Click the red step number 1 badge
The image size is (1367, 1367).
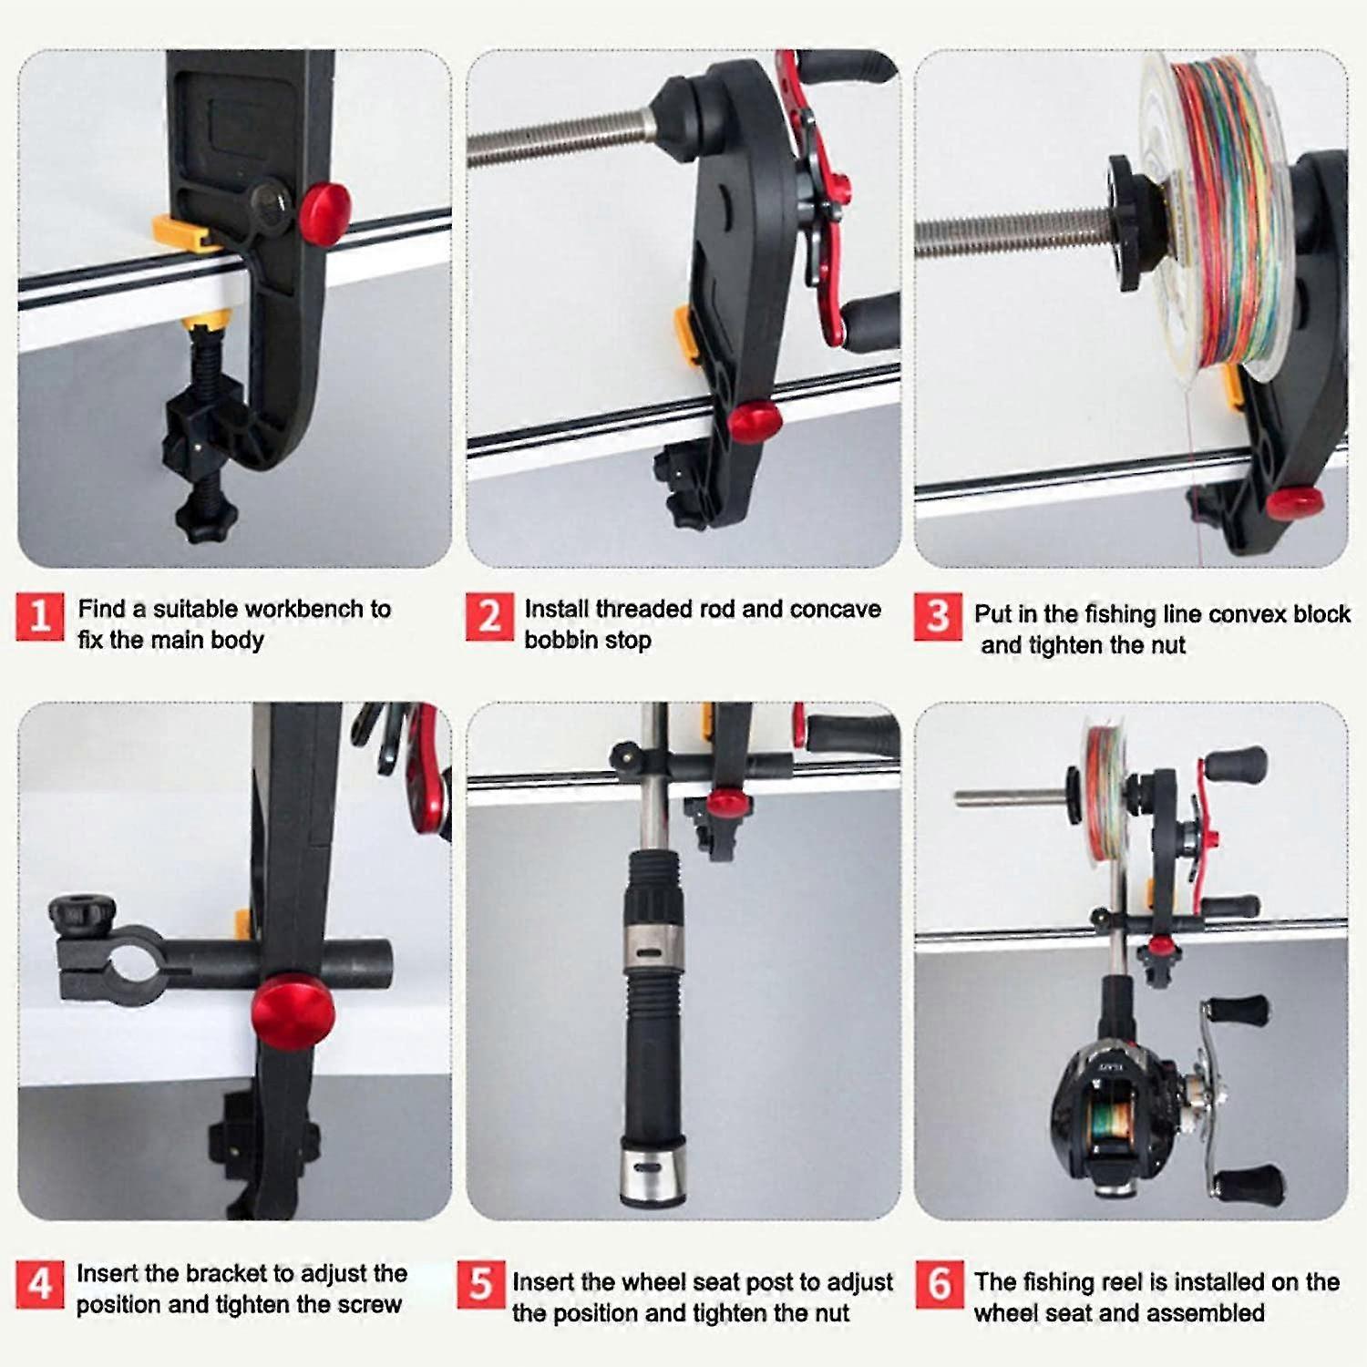coord(40,617)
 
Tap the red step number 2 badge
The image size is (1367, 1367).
coord(489,617)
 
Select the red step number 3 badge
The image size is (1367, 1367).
coord(938,617)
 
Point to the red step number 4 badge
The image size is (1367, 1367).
coord(40,1284)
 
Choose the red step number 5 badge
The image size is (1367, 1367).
coord(480,1284)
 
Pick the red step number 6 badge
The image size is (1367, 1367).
coord(940,1284)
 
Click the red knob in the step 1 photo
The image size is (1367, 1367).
coord(326,213)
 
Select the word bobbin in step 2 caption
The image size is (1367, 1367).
coord(558,640)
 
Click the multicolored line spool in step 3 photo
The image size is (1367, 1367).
coord(1219,210)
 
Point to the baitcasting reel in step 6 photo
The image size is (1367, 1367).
coord(1157,1107)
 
